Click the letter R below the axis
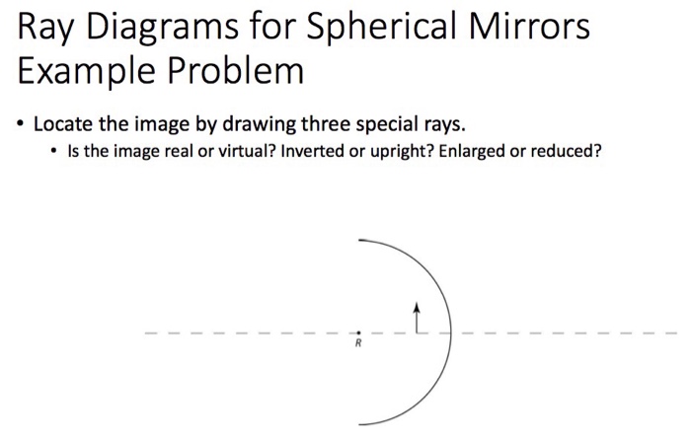[359, 345]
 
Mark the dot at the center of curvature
[359, 332]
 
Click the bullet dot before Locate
[19, 126]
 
